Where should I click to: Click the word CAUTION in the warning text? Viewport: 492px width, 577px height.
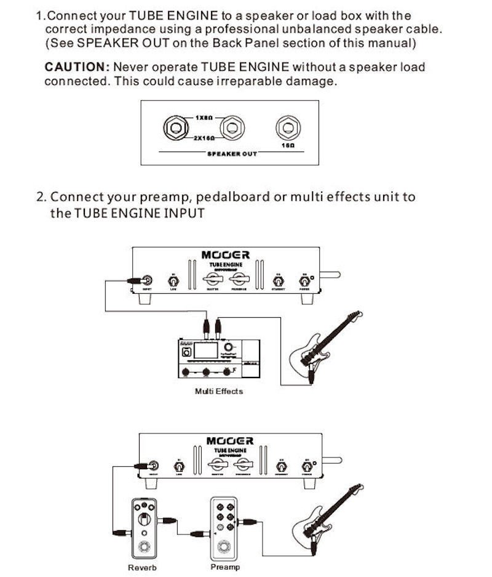pyautogui.click(x=76, y=67)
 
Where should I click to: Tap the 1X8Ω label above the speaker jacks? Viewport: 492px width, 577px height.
pyautogui.click(x=205, y=117)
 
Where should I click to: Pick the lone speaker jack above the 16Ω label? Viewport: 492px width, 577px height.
pyautogui.click(x=287, y=127)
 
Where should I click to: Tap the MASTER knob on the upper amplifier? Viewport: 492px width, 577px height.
pyautogui.click(x=212, y=281)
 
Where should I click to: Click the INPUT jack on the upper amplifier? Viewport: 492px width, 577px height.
pyautogui.click(x=148, y=280)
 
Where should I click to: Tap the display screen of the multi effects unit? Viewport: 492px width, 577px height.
pyautogui.click(x=207, y=350)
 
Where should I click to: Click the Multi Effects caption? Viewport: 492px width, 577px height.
pyautogui.click(x=218, y=391)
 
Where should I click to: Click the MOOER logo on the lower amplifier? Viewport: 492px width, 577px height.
pyautogui.click(x=229, y=442)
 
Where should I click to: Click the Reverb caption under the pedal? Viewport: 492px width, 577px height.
pyautogui.click(x=143, y=567)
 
